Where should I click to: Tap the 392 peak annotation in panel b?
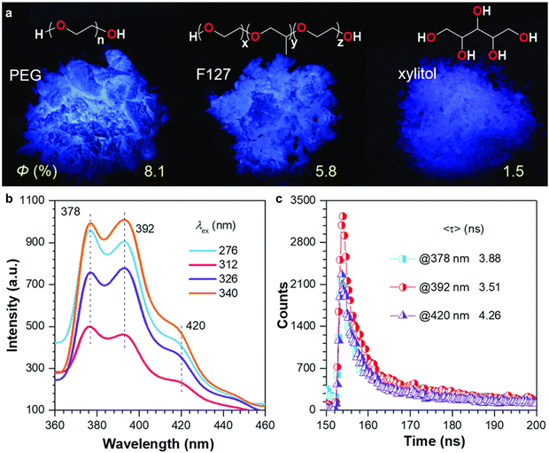click(x=144, y=228)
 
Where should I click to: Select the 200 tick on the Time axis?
click(x=530, y=425)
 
